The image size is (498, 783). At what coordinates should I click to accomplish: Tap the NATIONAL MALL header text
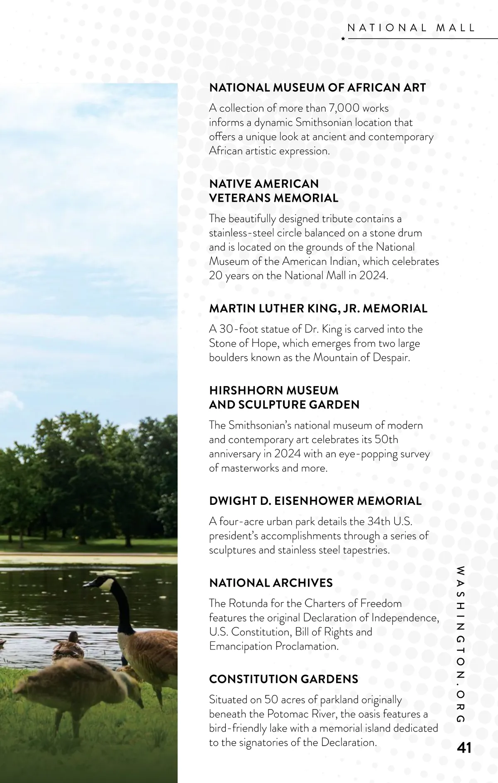[411, 28]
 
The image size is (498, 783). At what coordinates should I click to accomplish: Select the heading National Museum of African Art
[317, 88]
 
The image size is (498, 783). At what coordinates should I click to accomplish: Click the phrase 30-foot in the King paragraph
[234, 329]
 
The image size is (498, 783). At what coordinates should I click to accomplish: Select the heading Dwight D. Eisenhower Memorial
[315, 501]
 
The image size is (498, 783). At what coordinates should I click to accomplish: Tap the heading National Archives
[271, 583]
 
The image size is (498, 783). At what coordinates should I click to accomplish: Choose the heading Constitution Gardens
[283, 679]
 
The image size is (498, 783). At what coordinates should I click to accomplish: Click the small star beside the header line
[343, 39]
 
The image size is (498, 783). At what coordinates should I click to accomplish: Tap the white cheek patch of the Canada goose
[107, 585]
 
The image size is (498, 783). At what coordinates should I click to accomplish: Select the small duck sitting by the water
[68, 645]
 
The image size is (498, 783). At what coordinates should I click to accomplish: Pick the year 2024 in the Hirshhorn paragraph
[288, 454]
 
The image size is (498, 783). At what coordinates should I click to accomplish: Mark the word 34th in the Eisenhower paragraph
[378, 521]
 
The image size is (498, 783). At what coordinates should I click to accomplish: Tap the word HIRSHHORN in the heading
[242, 390]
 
